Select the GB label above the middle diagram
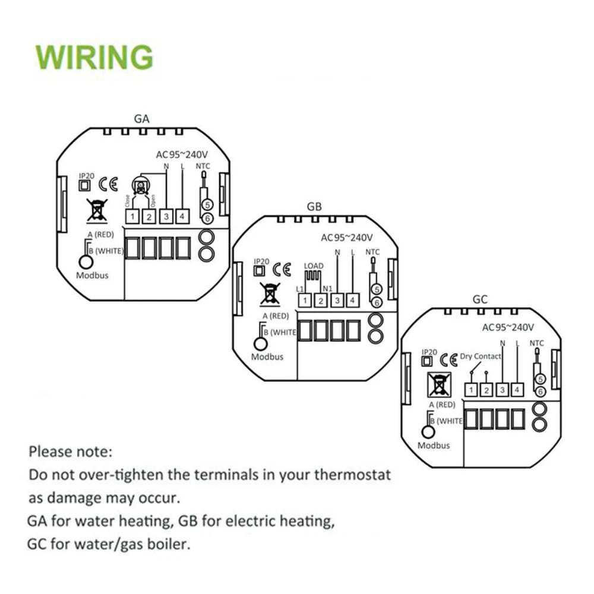point(314,207)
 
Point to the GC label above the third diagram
point(480,299)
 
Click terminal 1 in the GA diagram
point(132,217)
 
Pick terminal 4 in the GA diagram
point(182,217)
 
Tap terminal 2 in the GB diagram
point(321,301)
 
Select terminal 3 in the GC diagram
point(502,390)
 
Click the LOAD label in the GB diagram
point(313,265)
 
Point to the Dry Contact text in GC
point(481,356)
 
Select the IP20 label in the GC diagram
point(429,352)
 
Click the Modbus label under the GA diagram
point(92,275)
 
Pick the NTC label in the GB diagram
point(372,252)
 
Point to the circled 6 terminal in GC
point(540,391)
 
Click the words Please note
point(70,451)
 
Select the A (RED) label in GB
point(275,315)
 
